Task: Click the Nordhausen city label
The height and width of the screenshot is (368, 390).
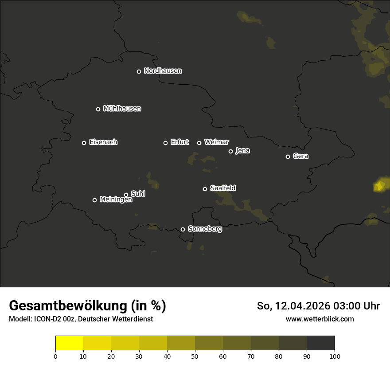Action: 163,71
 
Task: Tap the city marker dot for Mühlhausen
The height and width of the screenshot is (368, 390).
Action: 98,109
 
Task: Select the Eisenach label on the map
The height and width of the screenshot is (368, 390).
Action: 103,142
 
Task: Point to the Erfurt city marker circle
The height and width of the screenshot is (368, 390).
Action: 165,143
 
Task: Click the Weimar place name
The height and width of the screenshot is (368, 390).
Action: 217,142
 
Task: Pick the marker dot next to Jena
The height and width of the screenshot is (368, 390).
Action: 230,151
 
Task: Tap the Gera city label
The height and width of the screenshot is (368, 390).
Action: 300,156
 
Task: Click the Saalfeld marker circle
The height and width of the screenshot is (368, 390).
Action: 205,189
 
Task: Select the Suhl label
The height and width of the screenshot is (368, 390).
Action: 138,194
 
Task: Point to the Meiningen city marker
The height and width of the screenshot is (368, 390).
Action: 94,200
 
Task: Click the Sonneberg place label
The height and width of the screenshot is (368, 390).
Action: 205,229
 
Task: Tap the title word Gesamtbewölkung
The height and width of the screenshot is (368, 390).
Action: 69,306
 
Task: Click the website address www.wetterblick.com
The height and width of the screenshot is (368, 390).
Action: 320,319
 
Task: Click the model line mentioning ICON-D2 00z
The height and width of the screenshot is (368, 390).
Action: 81,319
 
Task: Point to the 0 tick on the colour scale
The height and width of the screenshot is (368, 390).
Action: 55,356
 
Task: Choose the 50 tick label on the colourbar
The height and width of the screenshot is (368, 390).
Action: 195,356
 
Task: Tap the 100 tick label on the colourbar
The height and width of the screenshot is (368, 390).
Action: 335,356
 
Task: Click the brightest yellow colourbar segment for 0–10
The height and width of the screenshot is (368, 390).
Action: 69,343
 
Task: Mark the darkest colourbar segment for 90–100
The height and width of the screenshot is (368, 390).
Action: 320,343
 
